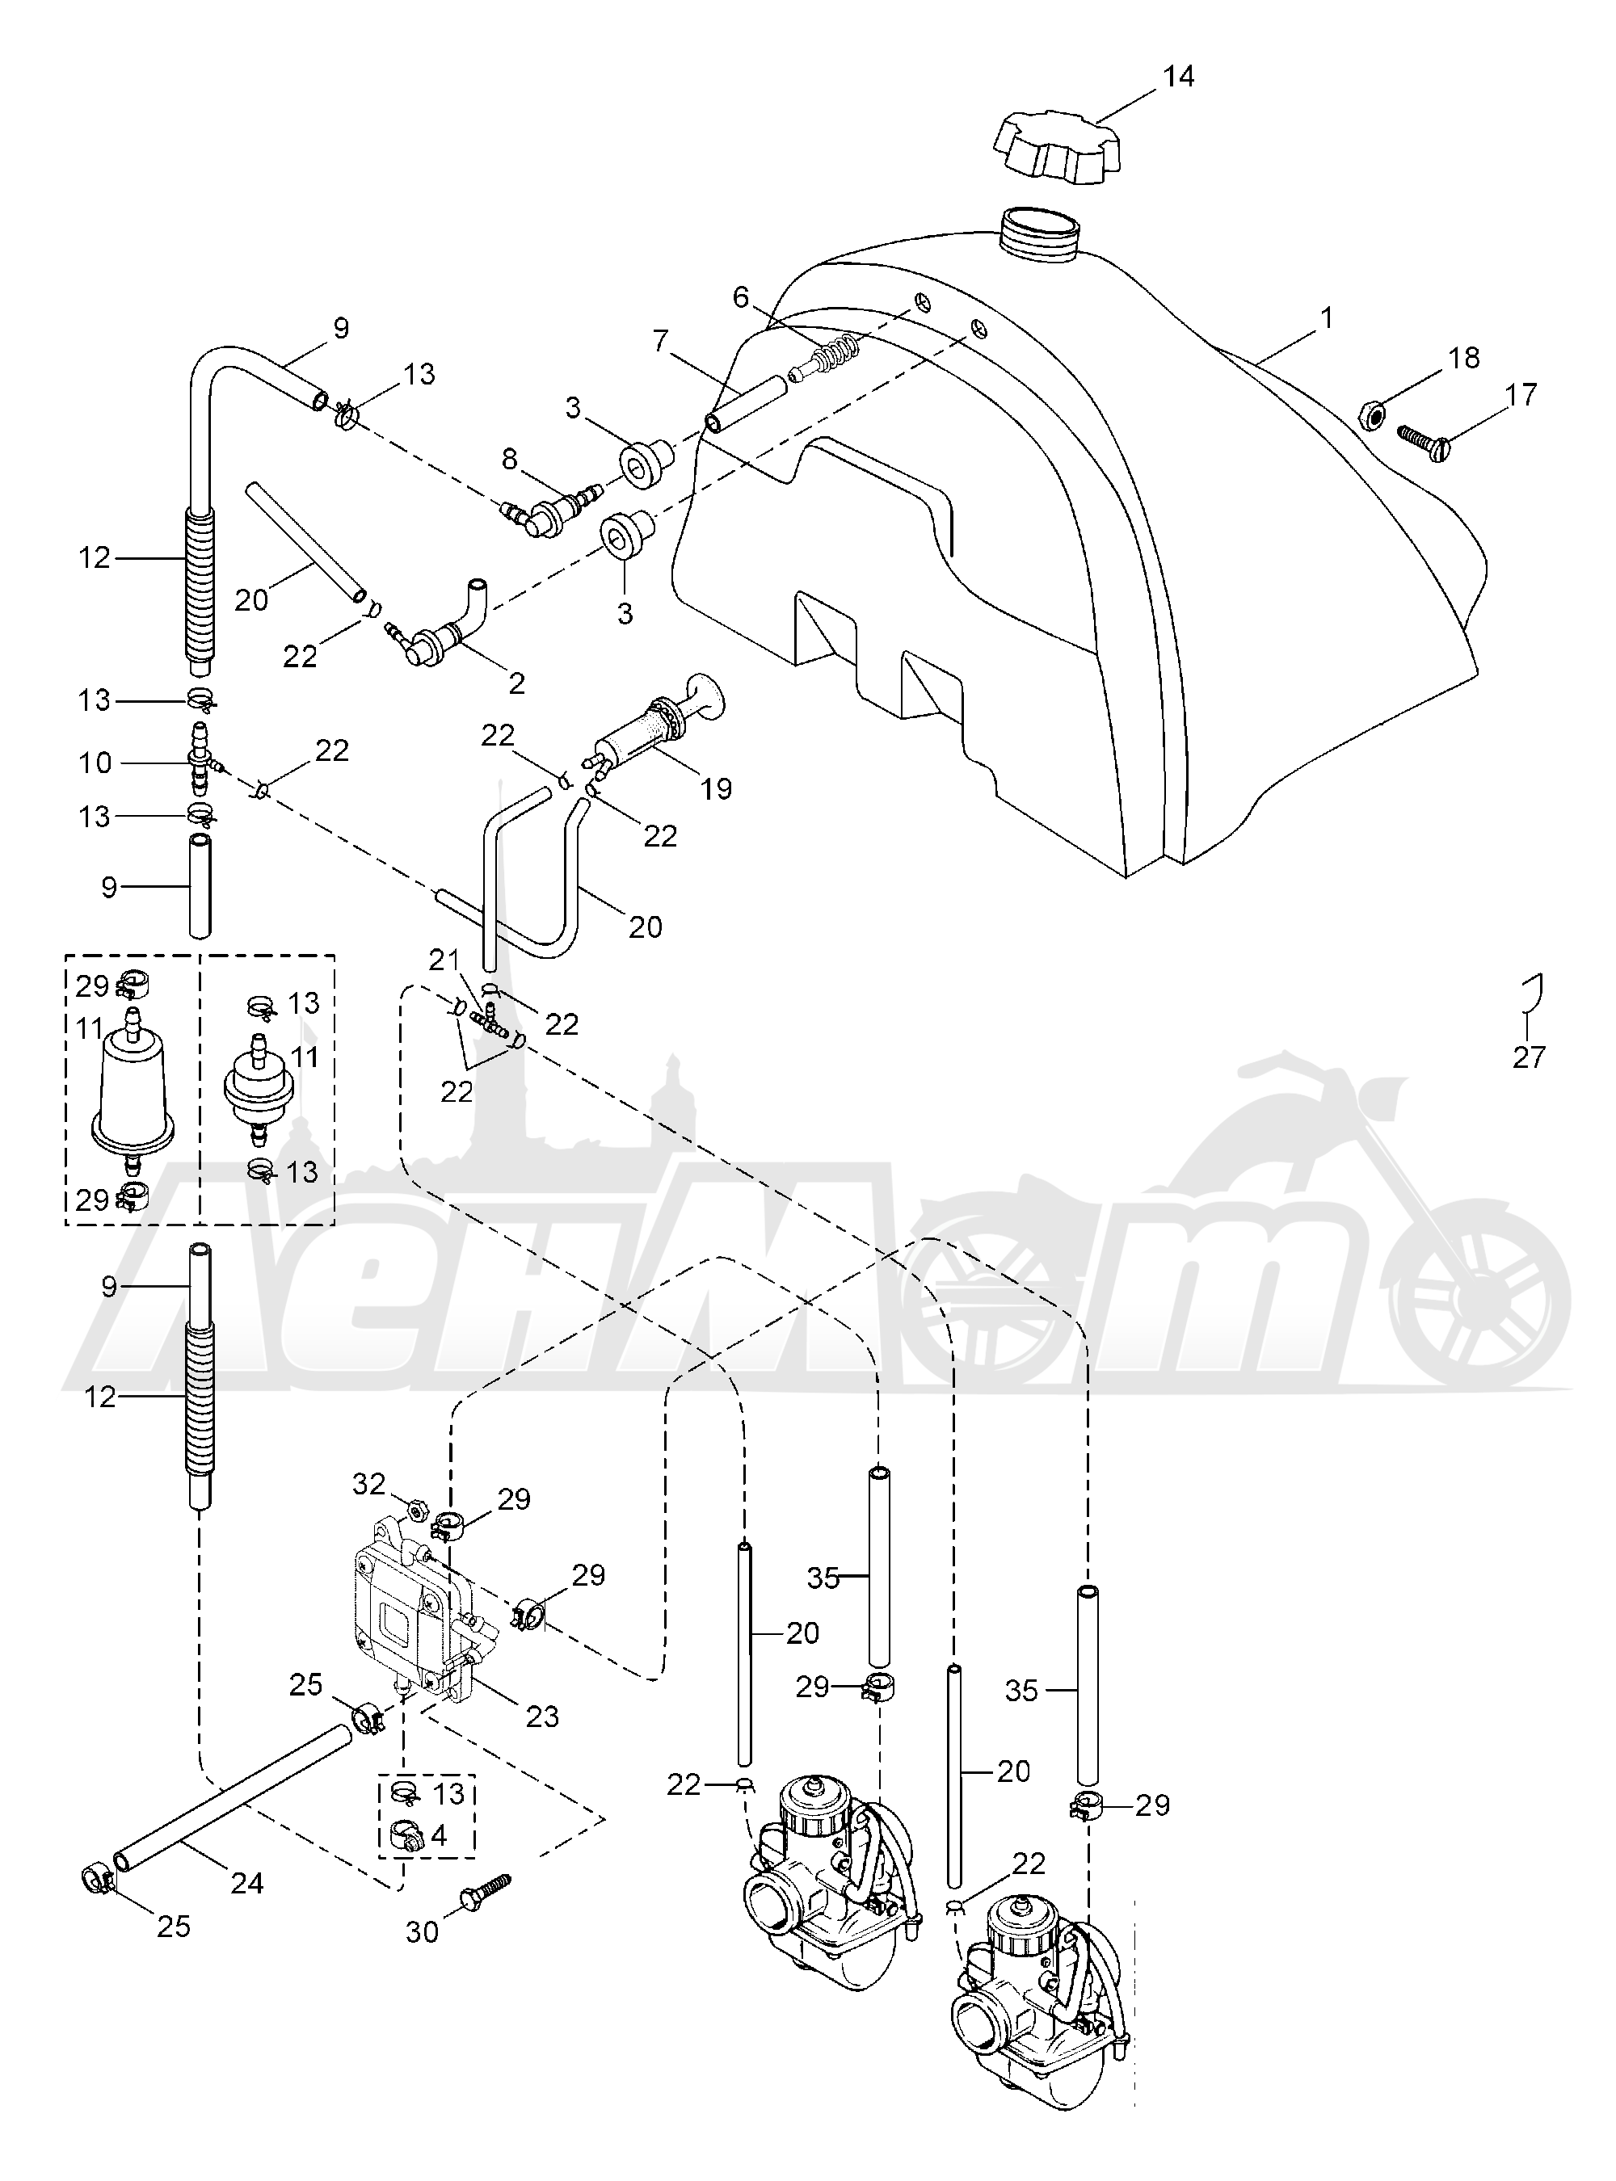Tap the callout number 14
click(x=1179, y=76)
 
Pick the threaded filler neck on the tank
click(x=1042, y=237)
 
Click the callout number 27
click(x=1528, y=1057)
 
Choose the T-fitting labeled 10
click(x=200, y=762)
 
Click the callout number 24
click(x=246, y=1882)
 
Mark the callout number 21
click(x=443, y=960)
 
